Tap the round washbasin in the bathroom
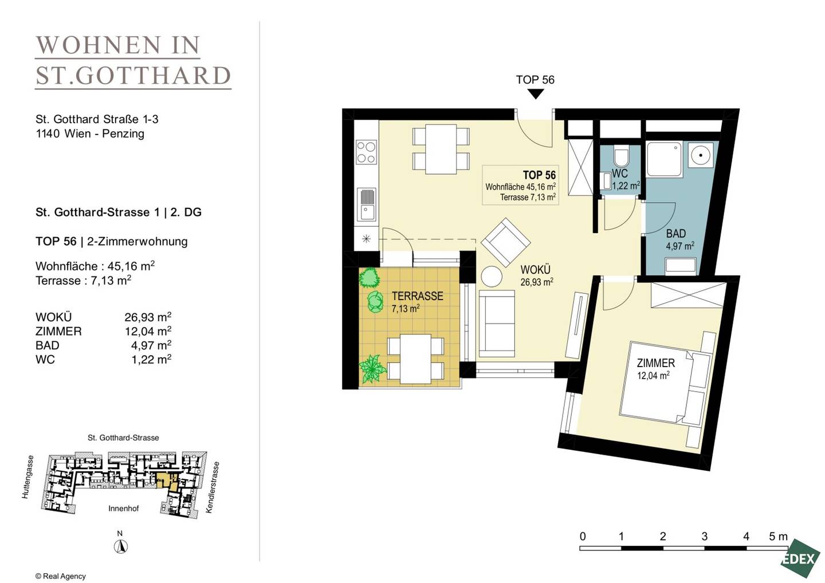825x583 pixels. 701,155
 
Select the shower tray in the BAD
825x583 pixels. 665,159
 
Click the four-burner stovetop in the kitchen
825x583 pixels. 367,152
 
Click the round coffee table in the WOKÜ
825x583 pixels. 492,276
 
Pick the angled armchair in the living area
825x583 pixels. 505,242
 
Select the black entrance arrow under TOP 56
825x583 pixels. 536,94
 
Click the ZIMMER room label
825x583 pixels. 656,363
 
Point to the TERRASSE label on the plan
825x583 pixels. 417,296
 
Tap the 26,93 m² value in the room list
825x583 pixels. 148,317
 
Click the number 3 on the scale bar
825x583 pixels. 704,536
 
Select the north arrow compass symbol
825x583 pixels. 120,546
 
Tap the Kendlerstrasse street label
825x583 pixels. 213,487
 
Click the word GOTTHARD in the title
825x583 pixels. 154,76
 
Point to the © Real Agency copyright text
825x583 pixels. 60,576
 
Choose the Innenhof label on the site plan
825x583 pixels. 123,509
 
